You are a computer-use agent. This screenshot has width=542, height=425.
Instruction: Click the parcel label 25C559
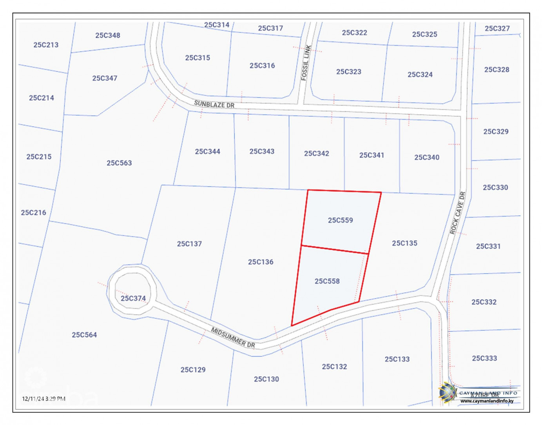click(x=340, y=220)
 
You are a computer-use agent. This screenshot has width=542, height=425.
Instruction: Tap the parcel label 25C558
click(x=327, y=281)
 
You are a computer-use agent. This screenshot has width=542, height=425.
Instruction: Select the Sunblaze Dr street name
click(x=214, y=104)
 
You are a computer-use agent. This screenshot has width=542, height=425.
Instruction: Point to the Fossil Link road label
click(x=306, y=63)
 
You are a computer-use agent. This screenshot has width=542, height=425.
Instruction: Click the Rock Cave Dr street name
click(x=457, y=213)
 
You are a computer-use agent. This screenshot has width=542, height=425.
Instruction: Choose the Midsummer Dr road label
click(x=233, y=337)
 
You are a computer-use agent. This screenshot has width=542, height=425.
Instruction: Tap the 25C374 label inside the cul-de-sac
click(x=133, y=298)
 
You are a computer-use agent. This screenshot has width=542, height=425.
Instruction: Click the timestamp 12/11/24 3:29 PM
click(x=44, y=399)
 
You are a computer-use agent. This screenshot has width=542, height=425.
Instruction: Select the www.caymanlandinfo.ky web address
click(x=487, y=401)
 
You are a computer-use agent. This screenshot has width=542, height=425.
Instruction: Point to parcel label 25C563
click(x=119, y=163)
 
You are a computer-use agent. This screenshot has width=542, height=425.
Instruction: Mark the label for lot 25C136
click(x=261, y=262)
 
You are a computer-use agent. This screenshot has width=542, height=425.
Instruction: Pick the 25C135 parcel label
click(x=404, y=243)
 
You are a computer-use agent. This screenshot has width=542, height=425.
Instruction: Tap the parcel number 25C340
click(x=427, y=157)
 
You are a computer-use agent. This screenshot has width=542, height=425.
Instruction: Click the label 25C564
click(x=84, y=335)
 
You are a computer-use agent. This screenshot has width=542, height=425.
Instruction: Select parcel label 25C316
click(x=262, y=65)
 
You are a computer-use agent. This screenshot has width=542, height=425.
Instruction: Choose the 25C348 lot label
click(x=108, y=35)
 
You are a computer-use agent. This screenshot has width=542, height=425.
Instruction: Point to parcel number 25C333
click(x=484, y=358)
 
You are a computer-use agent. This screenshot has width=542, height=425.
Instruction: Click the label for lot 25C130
click(x=266, y=379)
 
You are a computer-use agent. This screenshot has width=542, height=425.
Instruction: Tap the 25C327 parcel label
click(x=497, y=28)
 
